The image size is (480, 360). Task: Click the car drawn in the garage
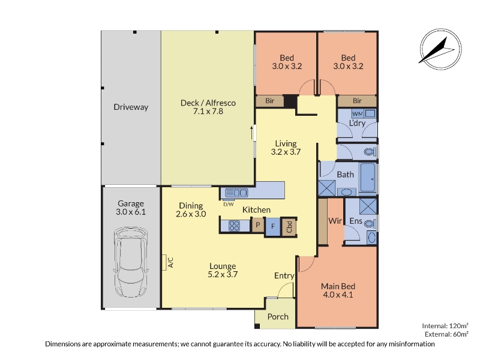131,262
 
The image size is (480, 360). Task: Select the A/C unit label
170,262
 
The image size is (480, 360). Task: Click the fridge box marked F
273,226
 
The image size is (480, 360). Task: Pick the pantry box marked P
258,226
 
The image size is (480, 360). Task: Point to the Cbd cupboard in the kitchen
289,227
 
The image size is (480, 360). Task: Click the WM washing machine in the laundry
357,114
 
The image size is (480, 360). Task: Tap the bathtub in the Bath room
368,178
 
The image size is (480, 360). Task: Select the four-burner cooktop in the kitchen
235,226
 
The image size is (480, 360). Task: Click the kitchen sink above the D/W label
236,193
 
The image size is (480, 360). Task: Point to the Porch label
278,317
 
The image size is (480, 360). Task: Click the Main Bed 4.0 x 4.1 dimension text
338,295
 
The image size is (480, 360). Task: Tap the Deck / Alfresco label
208,103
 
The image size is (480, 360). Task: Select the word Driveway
131,107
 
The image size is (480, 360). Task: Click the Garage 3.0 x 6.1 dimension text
131,212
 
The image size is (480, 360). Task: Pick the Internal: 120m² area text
445,326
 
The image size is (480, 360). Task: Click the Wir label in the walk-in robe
335,221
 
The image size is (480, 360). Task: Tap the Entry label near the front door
284,276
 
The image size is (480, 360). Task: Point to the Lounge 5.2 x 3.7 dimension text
223,274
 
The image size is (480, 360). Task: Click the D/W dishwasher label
229,204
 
